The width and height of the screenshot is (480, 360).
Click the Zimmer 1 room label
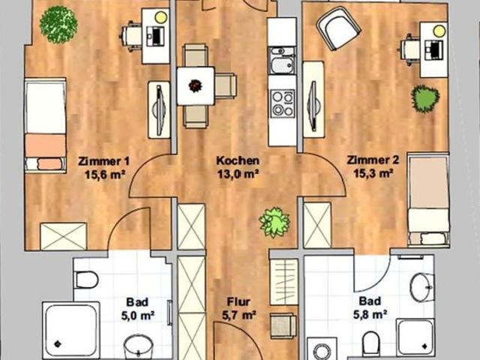point(103,160)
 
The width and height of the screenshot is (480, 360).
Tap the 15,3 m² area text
point(373,173)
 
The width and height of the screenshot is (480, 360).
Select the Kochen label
point(238,160)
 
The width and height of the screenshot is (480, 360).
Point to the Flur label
point(238,301)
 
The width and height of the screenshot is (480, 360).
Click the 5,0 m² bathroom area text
point(137,316)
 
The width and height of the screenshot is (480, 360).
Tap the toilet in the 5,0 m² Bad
point(87,280)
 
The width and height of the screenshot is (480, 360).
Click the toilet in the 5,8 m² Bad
point(370,341)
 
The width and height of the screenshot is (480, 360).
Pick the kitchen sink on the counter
point(282,61)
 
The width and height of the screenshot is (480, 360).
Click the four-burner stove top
point(283,103)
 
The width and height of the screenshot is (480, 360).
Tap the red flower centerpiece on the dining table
point(195,85)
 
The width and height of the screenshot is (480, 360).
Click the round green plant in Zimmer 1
point(58,25)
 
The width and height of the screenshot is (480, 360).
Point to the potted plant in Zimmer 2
point(425,99)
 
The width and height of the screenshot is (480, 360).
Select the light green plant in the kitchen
point(274,222)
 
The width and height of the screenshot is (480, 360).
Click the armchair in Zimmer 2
point(338,28)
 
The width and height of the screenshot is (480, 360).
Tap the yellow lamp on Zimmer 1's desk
point(160,17)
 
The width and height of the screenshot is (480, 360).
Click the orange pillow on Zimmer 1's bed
point(49,163)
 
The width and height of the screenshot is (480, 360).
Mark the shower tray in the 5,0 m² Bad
point(71,330)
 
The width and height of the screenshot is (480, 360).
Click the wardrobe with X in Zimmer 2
point(317,225)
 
